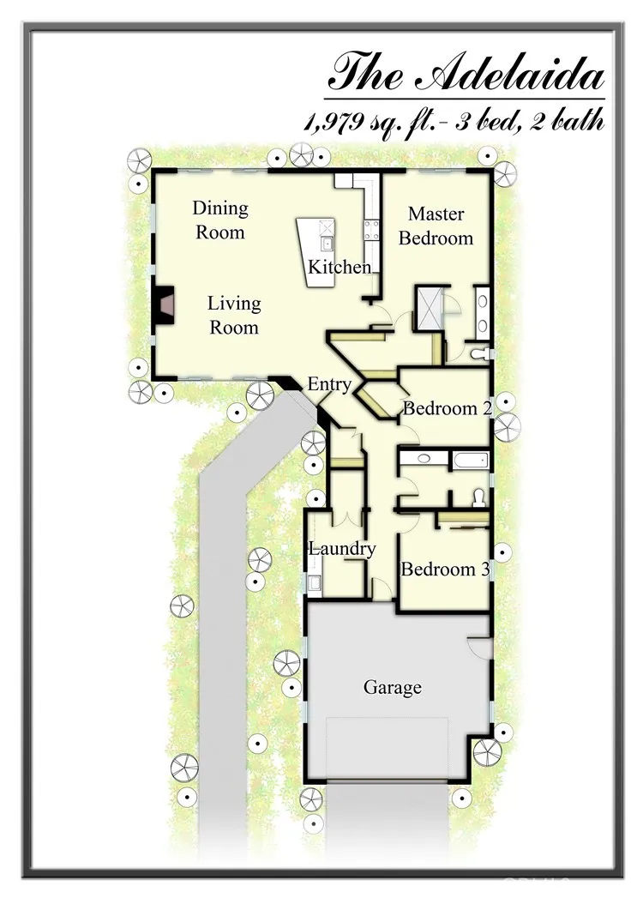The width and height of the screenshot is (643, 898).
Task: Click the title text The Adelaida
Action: tap(466, 72)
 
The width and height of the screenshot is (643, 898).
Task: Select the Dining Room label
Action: tap(220, 220)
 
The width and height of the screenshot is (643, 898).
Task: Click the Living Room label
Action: tap(234, 315)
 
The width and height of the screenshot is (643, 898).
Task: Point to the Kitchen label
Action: tap(340, 267)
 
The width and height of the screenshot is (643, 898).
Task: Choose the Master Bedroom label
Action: tap(436, 226)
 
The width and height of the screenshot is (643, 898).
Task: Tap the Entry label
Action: tap(329, 383)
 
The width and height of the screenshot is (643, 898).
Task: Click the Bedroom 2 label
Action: tap(448, 408)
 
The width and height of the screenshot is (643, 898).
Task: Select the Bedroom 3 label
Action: tap(446, 570)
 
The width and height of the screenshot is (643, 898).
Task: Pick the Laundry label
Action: tap(342, 549)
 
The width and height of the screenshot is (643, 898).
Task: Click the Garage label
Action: tap(393, 687)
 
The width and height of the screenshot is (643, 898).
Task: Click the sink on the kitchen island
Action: tap(327, 244)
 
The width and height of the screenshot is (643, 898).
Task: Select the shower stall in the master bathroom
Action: tap(429, 308)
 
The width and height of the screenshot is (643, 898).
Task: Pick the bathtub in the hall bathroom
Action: tap(471, 460)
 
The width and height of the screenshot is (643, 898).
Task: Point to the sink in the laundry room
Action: tap(315, 583)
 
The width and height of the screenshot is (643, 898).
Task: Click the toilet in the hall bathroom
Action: tap(478, 499)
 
